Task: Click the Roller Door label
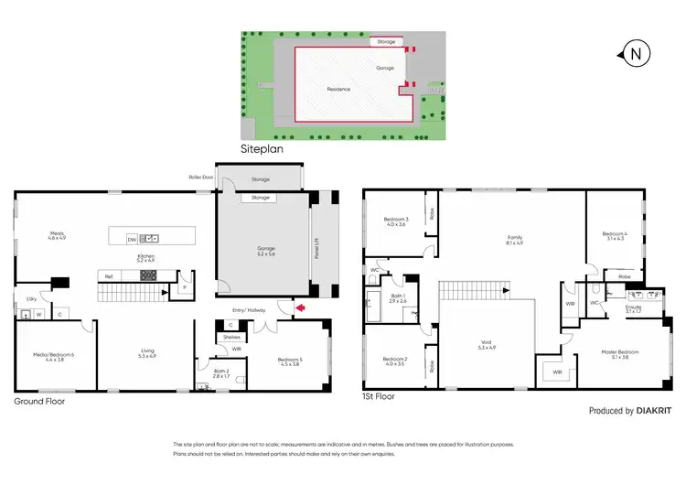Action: point(201,178)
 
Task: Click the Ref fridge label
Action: point(109,275)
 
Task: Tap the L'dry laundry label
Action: point(31,298)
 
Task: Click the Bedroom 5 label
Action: point(290,361)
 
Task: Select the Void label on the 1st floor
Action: point(486,345)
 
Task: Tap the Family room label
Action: point(515,239)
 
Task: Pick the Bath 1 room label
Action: point(398,296)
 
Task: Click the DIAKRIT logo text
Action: point(656,411)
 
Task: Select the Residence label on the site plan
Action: point(340,89)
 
